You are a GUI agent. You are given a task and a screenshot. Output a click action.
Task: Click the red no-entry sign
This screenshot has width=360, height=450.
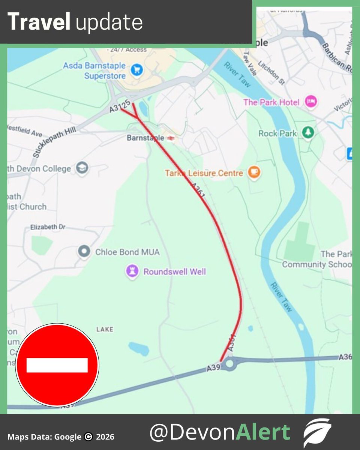[57, 365]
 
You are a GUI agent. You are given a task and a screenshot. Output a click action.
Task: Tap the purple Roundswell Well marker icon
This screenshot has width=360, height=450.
[132, 271]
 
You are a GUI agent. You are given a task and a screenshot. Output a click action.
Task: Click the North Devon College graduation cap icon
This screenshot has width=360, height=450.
[82, 168]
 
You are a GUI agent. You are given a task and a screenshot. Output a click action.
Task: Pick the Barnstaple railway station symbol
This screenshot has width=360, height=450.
[171, 138]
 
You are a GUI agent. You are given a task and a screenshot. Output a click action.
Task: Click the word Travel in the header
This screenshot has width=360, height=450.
[39, 22]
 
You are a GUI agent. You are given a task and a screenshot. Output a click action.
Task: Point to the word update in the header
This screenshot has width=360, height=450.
[109, 23]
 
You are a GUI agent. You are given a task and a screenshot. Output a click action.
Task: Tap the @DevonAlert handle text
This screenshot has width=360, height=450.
[220, 432]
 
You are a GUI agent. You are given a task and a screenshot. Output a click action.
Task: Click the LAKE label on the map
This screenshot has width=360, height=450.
[105, 329]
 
